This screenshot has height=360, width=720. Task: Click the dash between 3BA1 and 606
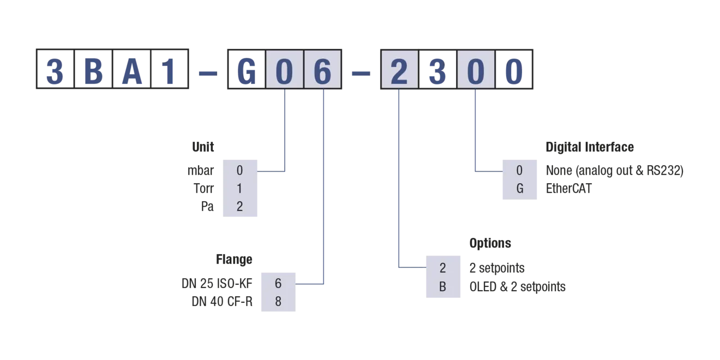(x=207, y=73)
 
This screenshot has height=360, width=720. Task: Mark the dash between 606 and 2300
(x=360, y=73)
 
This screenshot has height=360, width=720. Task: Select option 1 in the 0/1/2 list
(x=239, y=189)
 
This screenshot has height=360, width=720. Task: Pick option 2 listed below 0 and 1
(x=239, y=207)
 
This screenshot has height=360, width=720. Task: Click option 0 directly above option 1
(x=239, y=171)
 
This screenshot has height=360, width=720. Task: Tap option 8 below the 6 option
(x=278, y=302)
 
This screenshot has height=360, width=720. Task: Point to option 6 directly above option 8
(x=278, y=284)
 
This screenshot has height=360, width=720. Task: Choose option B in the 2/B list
(x=443, y=286)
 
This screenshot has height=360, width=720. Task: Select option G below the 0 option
(x=520, y=189)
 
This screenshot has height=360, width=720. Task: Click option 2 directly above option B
(x=443, y=268)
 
